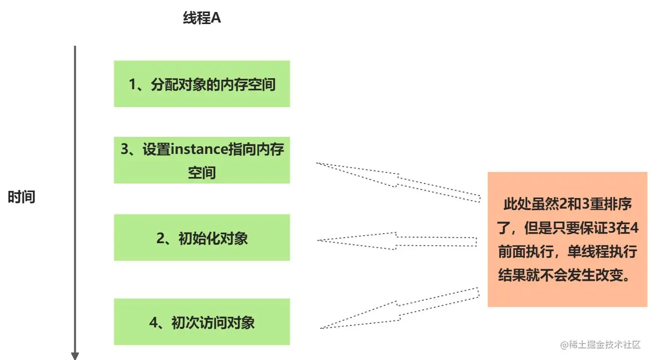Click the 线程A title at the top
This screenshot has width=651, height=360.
202,19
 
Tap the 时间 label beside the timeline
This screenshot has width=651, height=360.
22,197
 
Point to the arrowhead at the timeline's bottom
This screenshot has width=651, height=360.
75,355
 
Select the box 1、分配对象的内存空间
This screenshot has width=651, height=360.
202,84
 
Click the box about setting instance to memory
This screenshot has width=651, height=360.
202,160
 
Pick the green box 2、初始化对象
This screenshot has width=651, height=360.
202,238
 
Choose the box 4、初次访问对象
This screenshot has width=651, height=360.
202,322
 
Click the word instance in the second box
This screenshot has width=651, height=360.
199,149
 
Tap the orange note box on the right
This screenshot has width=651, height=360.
567,239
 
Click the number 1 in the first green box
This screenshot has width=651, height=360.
132,84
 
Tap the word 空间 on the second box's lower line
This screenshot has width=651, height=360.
202,173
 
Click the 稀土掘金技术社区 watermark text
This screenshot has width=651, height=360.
605,344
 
